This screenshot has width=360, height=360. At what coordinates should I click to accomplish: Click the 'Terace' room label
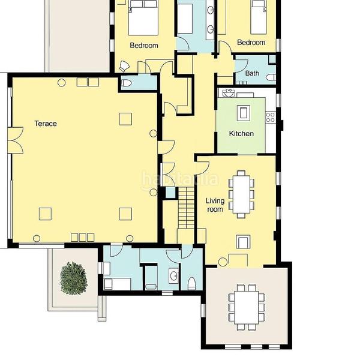[x=46, y=124]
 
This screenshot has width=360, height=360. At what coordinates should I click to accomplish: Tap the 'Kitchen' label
[x=241, y=133]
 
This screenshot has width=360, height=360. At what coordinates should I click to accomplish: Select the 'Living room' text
[x=215, y=205]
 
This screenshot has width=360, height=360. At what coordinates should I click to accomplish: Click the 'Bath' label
[x=252, y=73]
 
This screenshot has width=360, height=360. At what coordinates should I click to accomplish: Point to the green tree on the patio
[x=73, y=278]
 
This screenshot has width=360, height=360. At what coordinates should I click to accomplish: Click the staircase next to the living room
[x=186, y=208]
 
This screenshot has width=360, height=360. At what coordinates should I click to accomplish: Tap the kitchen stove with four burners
[x=270, y=117]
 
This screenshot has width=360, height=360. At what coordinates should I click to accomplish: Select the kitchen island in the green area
[x=244, y=113]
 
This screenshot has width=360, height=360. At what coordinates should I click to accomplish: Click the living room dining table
[x=241, y=194]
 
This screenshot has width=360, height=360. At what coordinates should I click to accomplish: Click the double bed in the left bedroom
[x=143, y=17]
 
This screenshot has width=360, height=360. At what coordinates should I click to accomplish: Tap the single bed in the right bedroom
[x=259, y=17]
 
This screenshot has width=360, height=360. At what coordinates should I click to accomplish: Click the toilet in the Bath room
[x=271, y=77]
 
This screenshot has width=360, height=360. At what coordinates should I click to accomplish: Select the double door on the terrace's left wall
[x=16, y=140]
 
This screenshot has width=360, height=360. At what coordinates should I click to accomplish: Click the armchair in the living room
[x=243, y=242]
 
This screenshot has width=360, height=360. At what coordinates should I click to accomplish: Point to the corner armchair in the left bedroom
[x=124, y=67]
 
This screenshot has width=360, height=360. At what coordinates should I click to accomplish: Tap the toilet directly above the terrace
[x=126, y=83]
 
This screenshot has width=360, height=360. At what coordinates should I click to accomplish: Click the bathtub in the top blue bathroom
[x=185, y=19]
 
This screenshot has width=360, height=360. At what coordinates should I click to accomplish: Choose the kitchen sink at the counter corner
[x=228, y=93]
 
